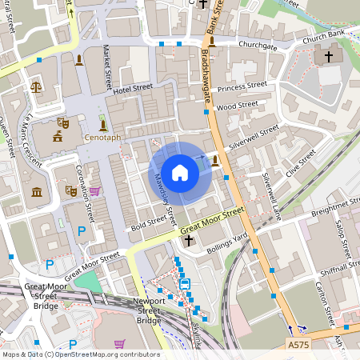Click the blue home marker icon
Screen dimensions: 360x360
(x=180, y=173)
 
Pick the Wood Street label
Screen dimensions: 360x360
(x=238, y=105)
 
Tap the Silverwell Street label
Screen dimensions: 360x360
(x=254, y=134)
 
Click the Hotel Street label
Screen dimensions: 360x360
(x=132, y=90)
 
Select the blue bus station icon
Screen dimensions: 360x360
(x=185, y=284)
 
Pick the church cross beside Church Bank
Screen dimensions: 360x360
(x=327, y=57)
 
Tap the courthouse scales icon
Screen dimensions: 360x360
(x=35, y=84)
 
